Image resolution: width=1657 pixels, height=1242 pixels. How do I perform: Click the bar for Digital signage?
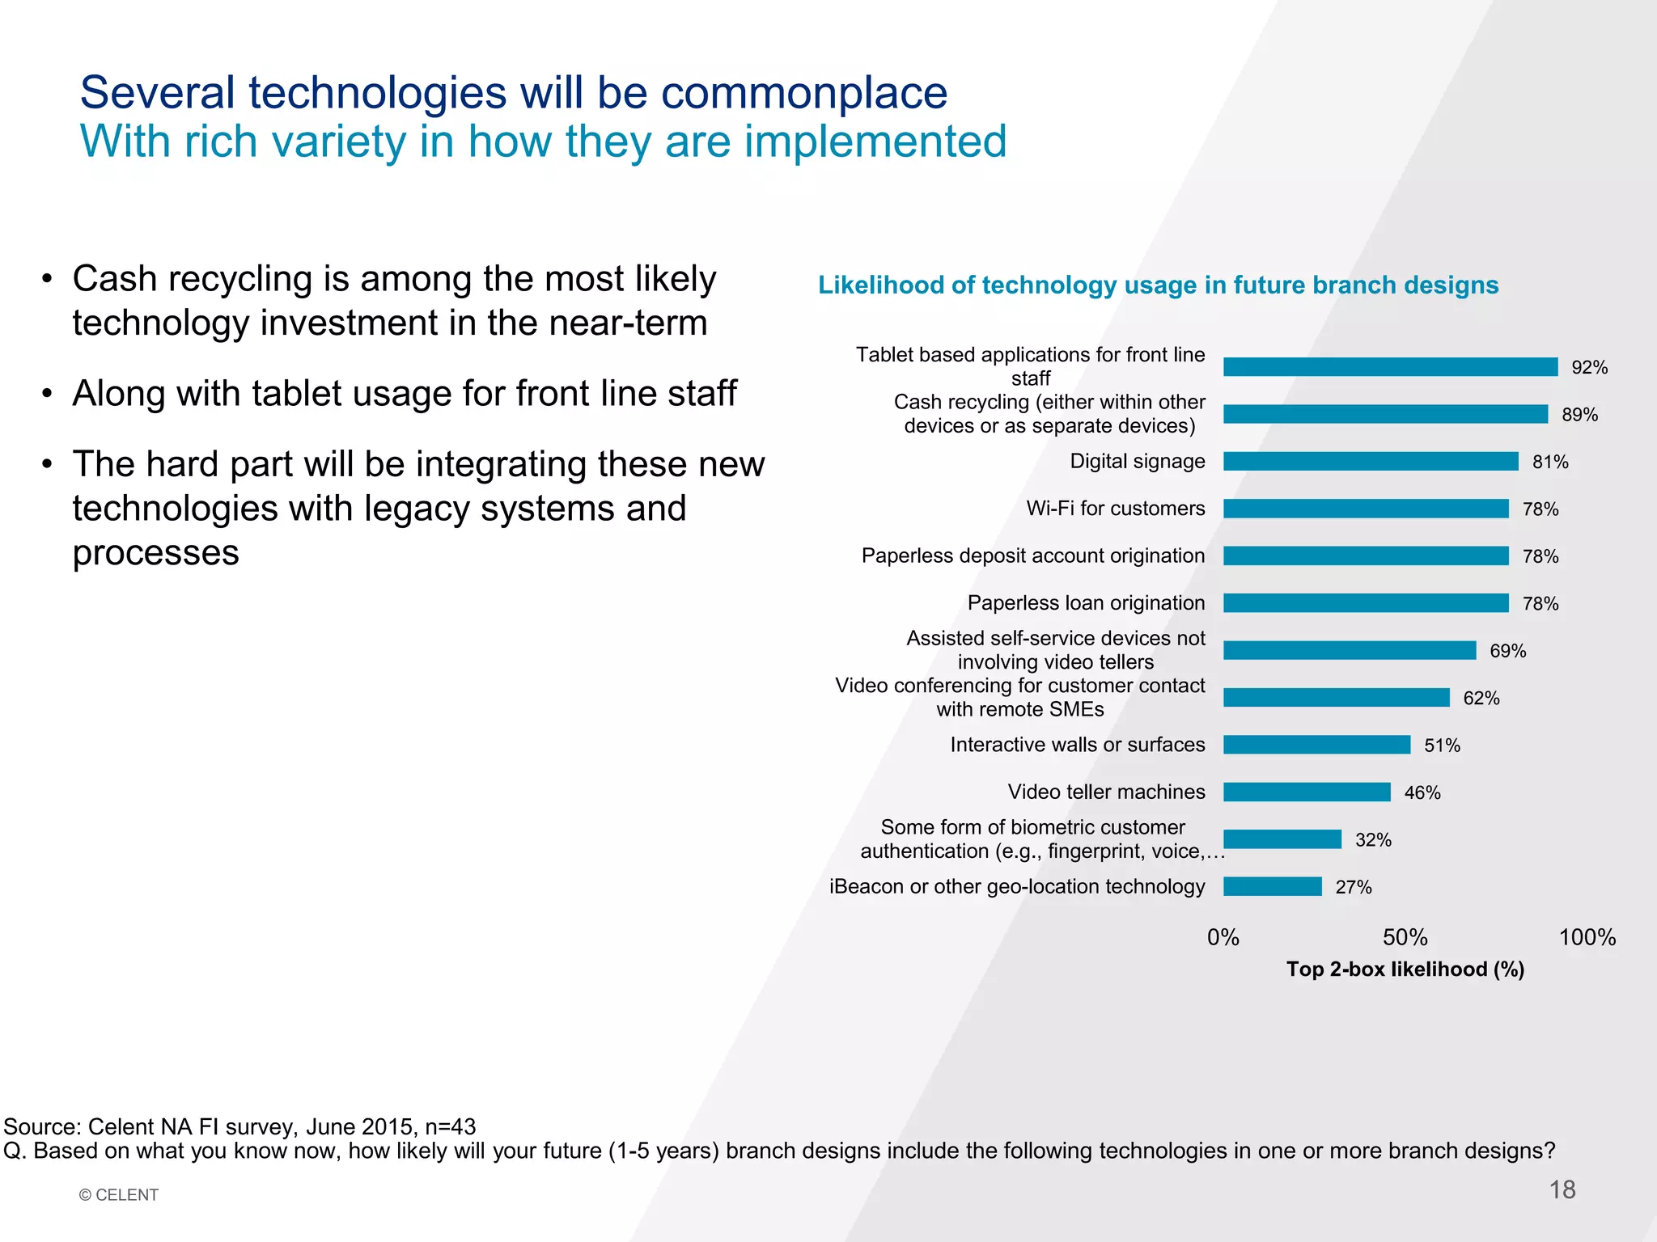1371,461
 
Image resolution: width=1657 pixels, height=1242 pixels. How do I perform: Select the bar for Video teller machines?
1307,792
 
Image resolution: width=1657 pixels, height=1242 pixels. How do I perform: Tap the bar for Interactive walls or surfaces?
1316,745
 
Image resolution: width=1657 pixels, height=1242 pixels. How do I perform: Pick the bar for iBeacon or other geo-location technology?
1273,886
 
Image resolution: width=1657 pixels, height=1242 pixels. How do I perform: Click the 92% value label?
1589,368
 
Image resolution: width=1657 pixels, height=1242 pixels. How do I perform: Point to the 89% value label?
1579,415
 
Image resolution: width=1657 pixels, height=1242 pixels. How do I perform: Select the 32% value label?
1373,840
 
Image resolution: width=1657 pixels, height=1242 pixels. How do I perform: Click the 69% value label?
1507,651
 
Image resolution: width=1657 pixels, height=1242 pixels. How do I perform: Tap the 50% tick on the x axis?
1405,937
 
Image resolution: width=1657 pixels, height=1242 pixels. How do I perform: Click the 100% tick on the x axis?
1587,937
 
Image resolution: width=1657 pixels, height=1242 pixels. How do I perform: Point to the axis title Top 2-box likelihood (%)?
1405,970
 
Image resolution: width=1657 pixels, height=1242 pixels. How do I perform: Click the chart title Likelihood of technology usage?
1158,285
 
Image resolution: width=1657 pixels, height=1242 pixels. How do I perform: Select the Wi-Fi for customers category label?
1115,508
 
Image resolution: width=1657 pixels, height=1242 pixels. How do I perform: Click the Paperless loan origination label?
1086,602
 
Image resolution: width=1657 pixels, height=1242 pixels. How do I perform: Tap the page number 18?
1562,1189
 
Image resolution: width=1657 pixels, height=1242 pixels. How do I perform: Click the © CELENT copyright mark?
119,1194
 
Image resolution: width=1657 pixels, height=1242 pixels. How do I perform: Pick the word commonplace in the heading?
803,93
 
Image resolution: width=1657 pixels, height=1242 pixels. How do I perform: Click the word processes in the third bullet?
155,553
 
